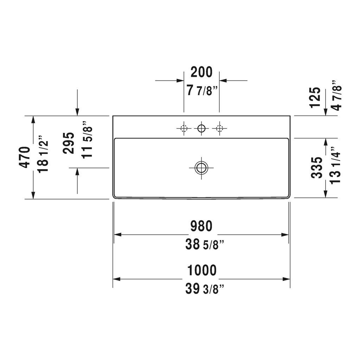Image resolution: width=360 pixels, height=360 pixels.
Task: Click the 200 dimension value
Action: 201,72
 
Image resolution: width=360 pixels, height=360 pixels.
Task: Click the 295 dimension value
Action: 69,143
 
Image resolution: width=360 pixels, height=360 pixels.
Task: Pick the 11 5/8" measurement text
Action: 87,139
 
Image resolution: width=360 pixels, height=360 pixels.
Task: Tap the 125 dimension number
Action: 315,97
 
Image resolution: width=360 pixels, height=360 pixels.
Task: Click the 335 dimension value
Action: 317,168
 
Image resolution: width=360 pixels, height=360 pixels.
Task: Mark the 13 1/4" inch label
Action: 335,165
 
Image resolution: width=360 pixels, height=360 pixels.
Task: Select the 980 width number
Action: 201,226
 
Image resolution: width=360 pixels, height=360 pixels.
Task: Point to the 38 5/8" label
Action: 205,244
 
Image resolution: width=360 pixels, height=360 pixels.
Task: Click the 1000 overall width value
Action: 202,270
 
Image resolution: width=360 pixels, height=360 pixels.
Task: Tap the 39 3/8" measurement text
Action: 205,289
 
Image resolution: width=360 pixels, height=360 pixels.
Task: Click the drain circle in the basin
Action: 201,168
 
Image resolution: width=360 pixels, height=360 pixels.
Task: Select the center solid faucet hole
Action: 201,128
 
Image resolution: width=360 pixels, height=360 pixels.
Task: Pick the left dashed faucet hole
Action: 184,128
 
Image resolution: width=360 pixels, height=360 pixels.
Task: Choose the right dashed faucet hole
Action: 219,128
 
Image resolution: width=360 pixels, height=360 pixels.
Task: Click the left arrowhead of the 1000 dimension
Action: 116,279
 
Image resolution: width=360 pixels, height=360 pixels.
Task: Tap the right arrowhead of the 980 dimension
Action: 285,234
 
